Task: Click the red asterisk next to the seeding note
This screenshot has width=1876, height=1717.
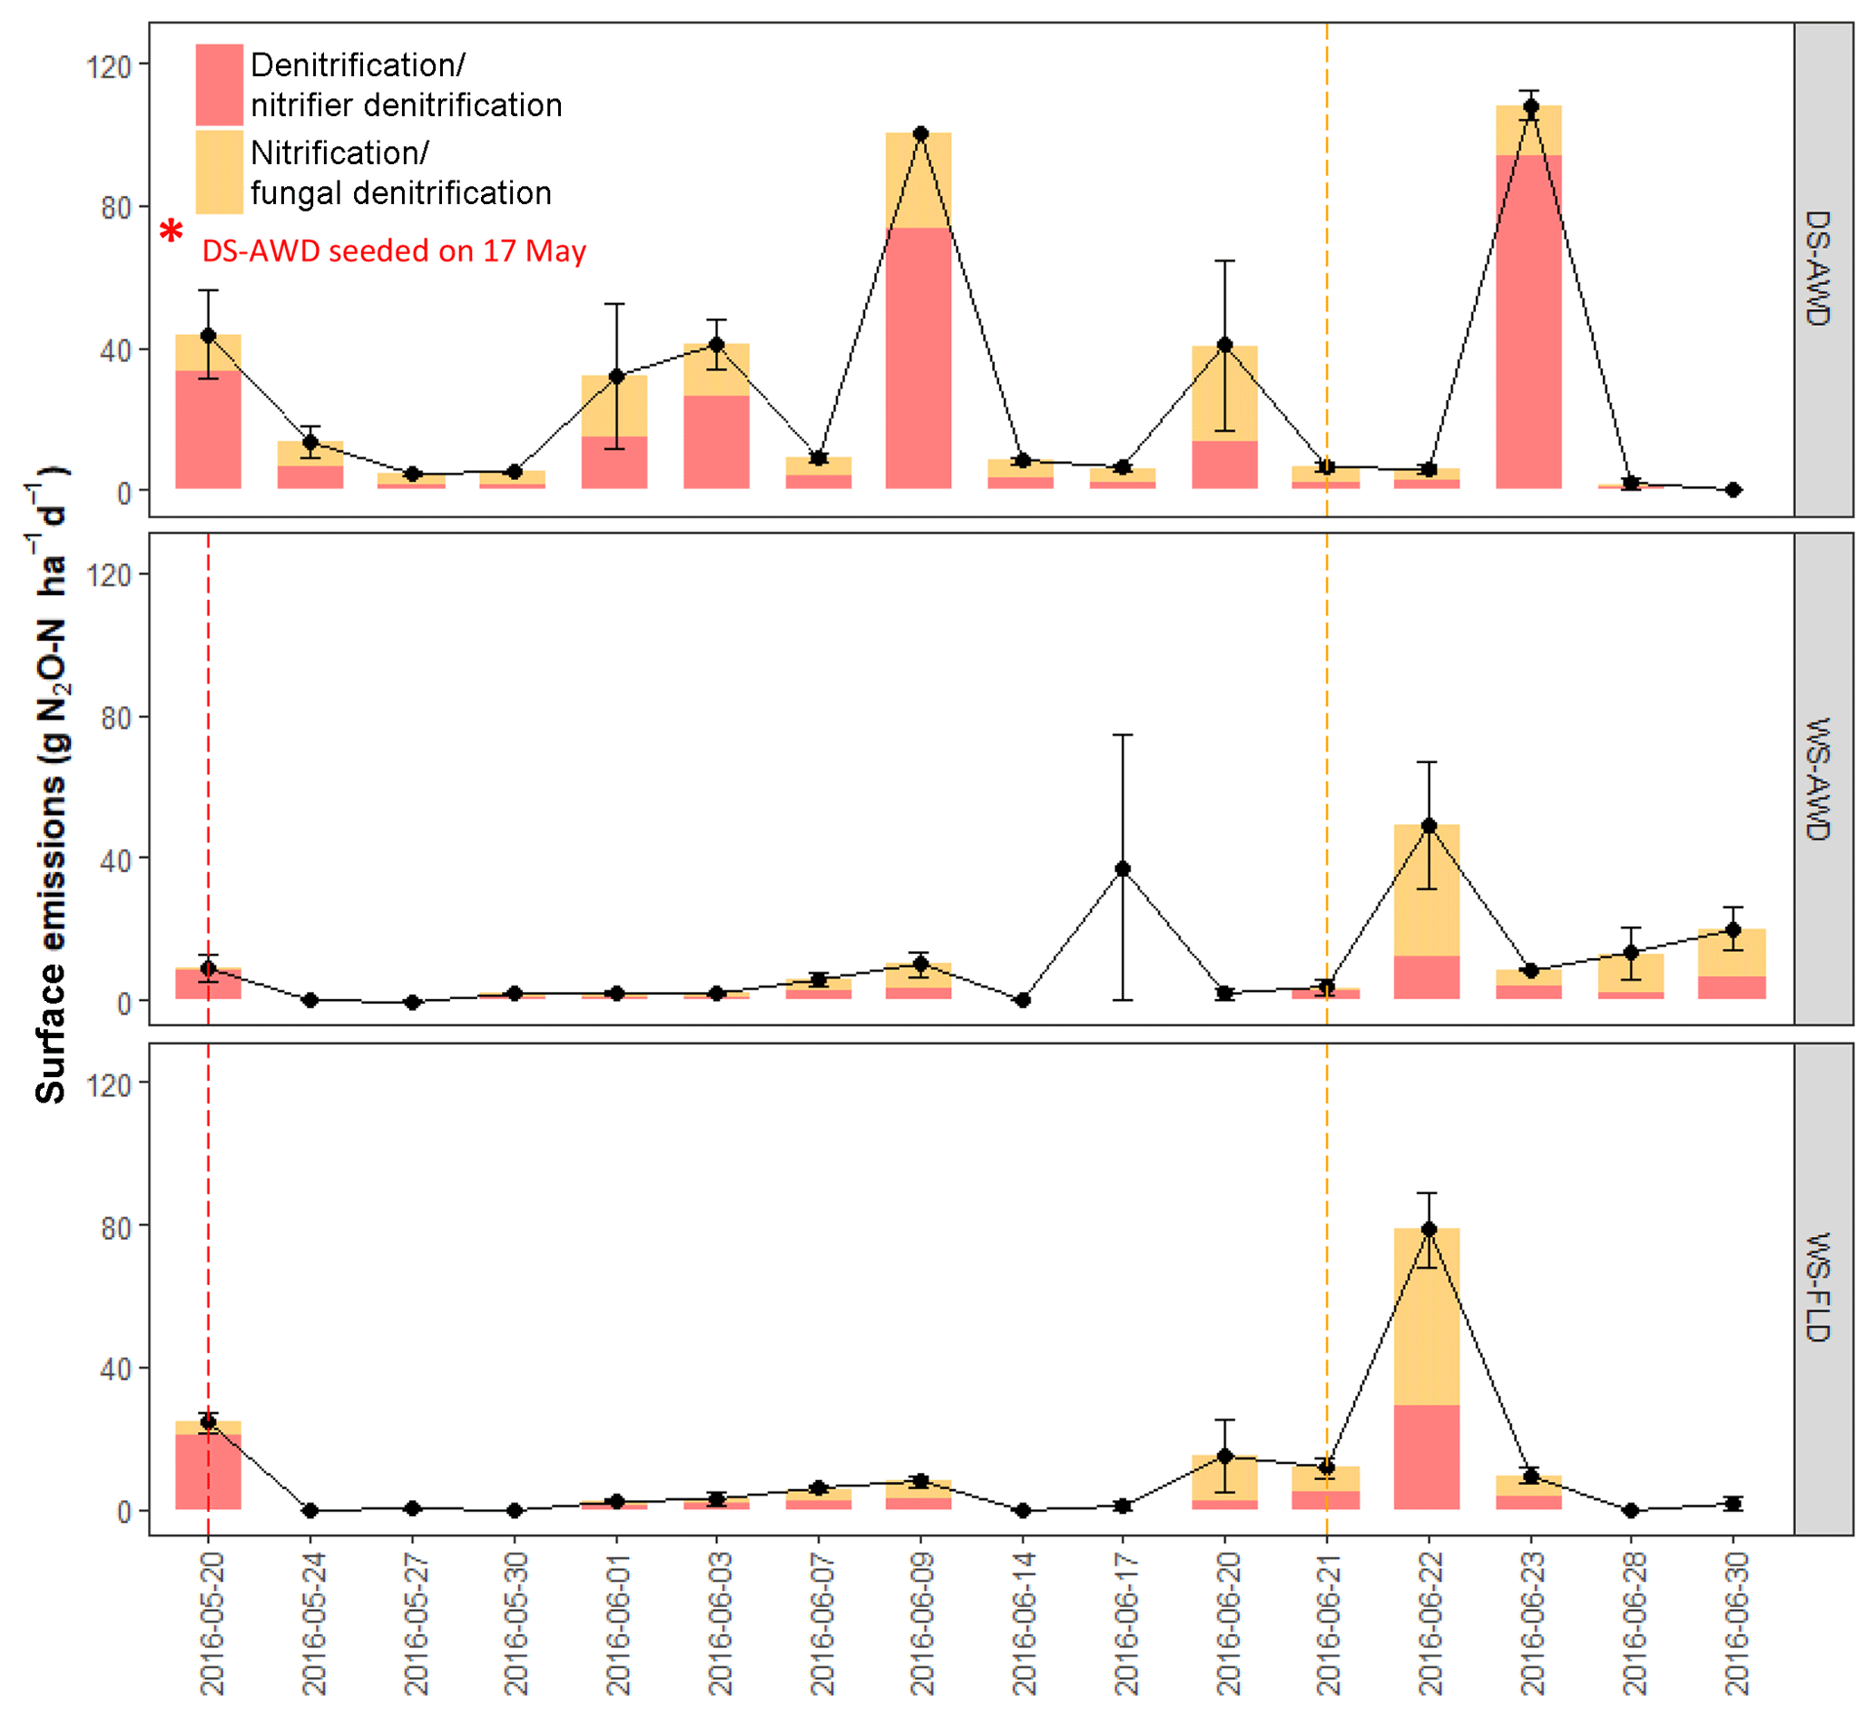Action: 172,231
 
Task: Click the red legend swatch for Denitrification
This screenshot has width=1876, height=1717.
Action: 219,83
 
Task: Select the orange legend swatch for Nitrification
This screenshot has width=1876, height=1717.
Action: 219,172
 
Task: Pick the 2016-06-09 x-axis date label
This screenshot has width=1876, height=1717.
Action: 921,1624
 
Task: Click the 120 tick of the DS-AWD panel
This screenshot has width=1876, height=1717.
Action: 109,67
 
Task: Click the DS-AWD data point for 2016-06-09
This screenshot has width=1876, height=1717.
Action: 921,134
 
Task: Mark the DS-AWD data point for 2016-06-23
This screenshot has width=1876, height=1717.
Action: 1531,107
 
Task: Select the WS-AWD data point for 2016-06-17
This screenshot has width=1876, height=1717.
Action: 1124,869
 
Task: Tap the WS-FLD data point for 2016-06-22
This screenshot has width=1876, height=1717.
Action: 1429,1230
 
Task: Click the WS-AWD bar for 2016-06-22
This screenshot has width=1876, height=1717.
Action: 1427,912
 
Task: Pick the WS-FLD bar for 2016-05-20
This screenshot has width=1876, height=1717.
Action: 209,1466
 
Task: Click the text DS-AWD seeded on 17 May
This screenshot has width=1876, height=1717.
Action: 395,251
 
